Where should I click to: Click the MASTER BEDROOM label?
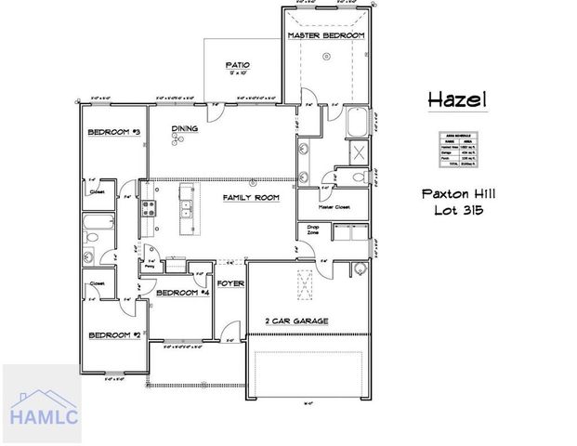click(325, 35)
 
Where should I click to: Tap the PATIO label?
click(238, 65)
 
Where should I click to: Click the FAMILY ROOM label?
click(250, 198)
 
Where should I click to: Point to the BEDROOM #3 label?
click(113, 133)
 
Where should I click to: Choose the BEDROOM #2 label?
click(113, 334)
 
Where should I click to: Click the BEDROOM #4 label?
click(180, 293)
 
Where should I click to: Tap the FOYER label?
click(229, 282)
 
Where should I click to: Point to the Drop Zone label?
click(307, 229)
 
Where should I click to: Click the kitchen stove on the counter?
click(146, 210)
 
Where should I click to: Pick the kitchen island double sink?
click(187, 206)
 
